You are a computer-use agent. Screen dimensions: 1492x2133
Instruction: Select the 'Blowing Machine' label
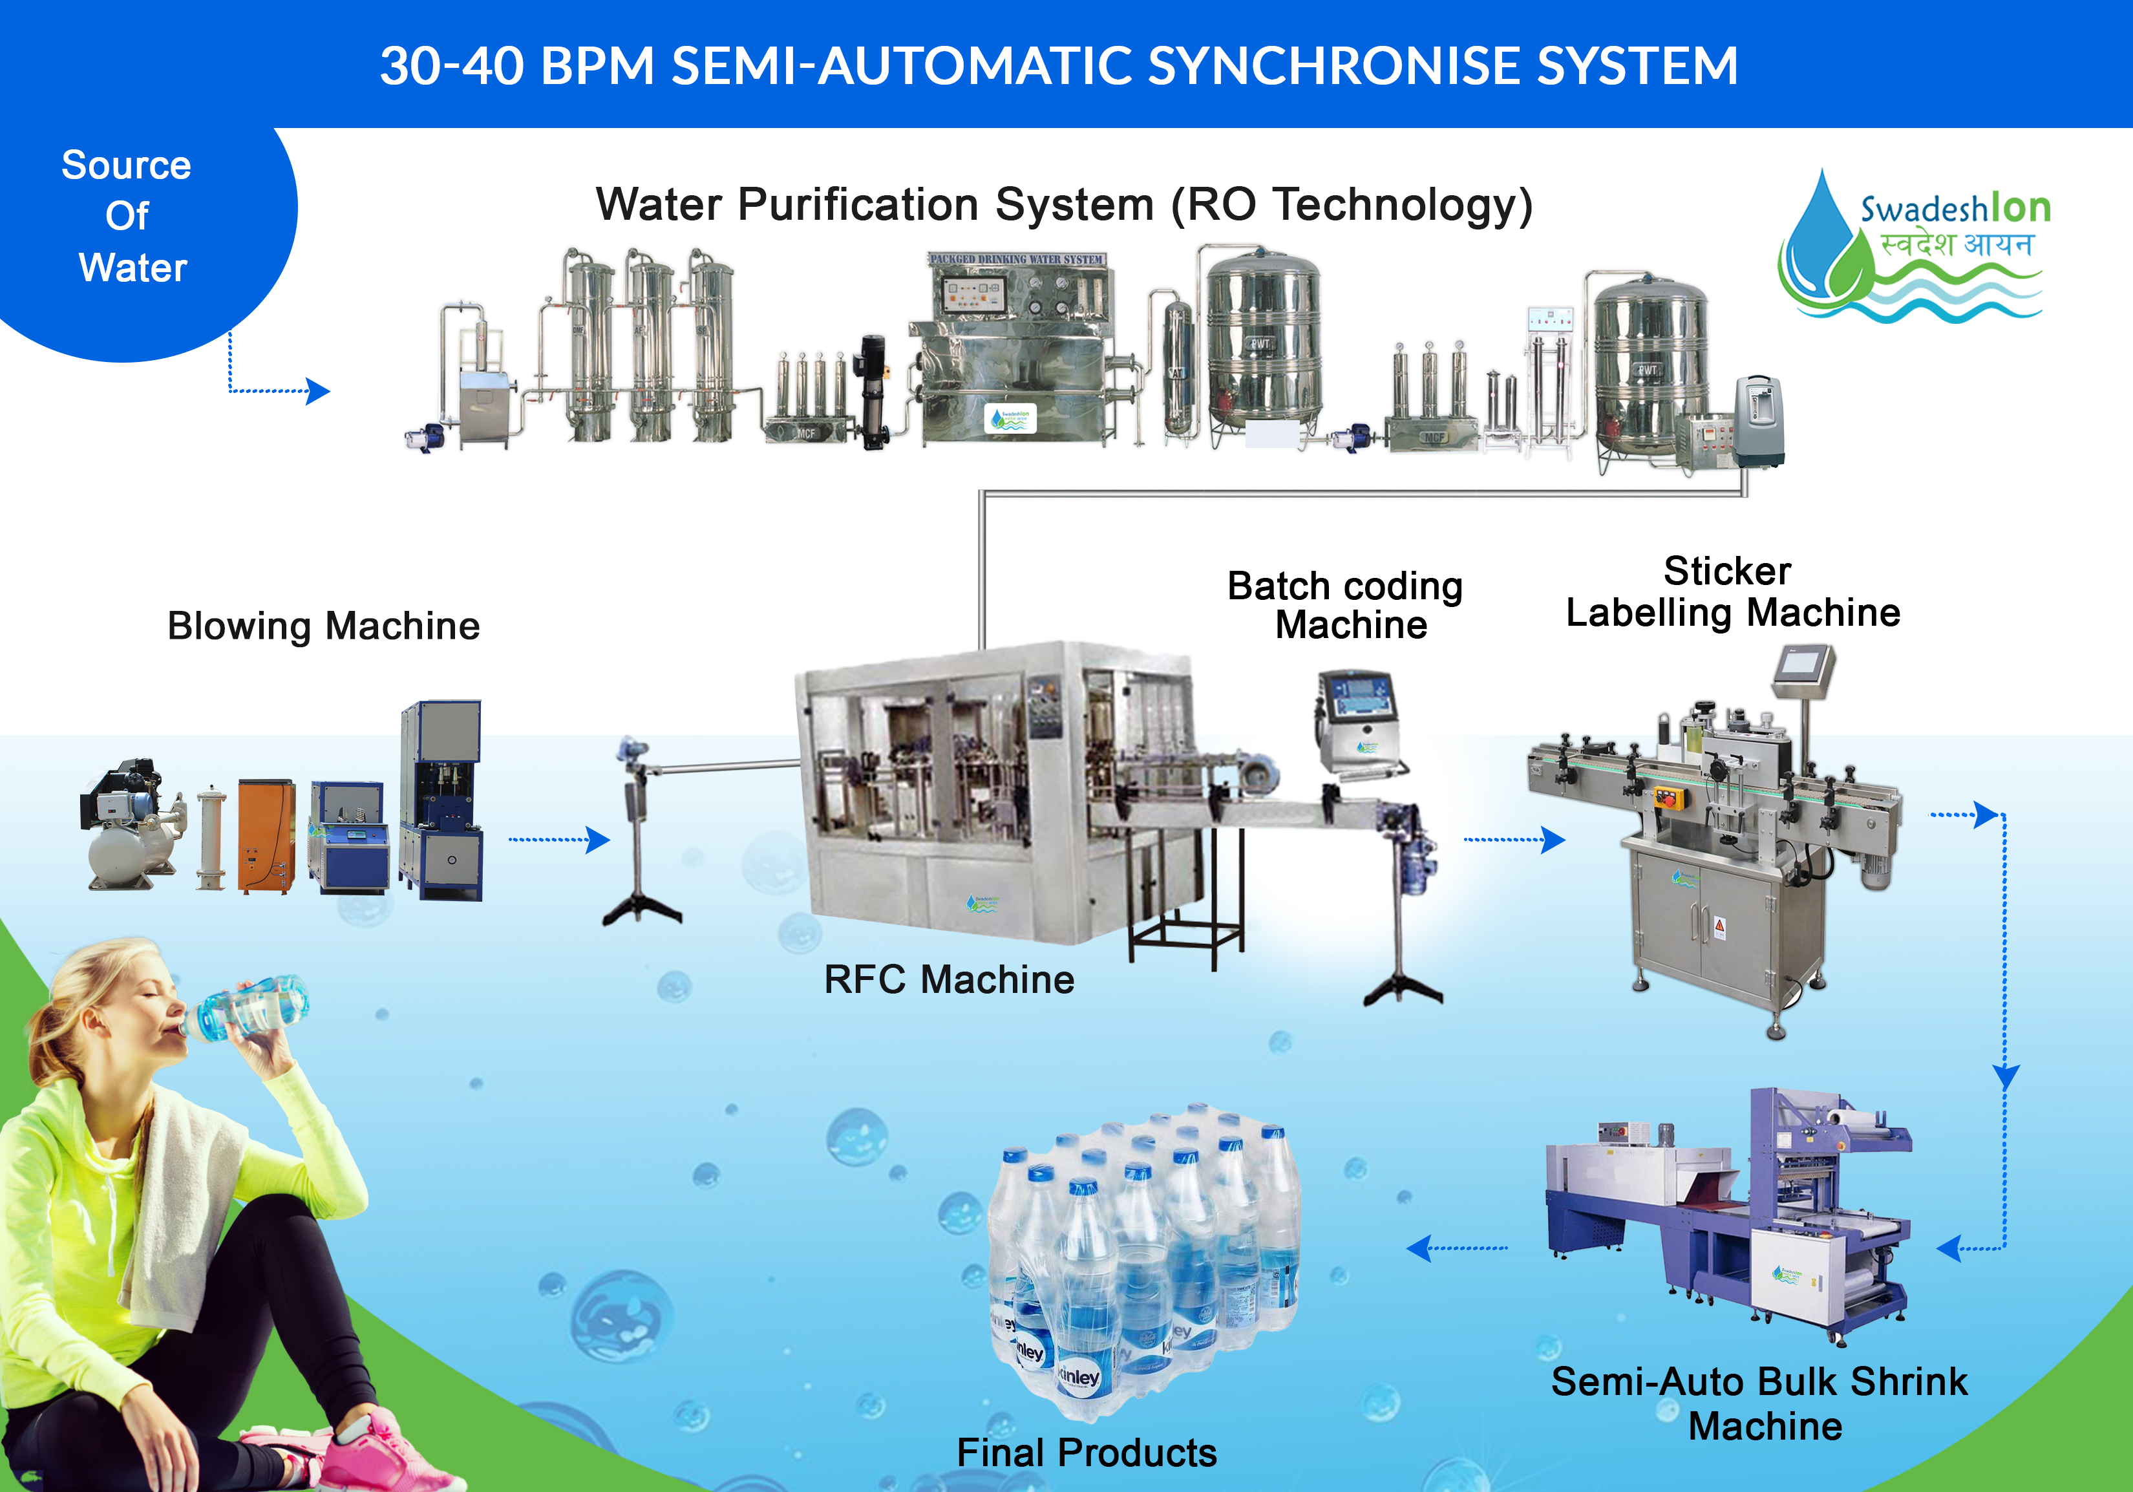323,626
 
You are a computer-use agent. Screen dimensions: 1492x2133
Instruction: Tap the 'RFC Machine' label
948,980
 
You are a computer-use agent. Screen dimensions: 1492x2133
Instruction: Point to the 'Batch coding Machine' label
1346,606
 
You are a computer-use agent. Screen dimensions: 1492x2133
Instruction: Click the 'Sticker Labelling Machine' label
1732,591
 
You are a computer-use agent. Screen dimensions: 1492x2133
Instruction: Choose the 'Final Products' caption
1086,1452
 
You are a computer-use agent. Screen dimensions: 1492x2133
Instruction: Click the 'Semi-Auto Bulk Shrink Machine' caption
1759,1403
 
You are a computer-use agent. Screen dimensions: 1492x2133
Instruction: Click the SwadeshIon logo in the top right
1914,246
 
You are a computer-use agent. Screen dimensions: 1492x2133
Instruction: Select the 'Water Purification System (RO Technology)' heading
1064,204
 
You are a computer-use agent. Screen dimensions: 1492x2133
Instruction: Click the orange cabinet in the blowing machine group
266,836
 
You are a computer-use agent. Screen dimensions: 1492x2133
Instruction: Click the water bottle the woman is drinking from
251,1008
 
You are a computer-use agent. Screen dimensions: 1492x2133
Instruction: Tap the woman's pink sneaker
372,1454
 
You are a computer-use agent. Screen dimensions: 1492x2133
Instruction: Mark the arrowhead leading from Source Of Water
318,391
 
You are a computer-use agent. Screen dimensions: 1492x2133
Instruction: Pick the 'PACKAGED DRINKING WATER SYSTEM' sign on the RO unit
1016,259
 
